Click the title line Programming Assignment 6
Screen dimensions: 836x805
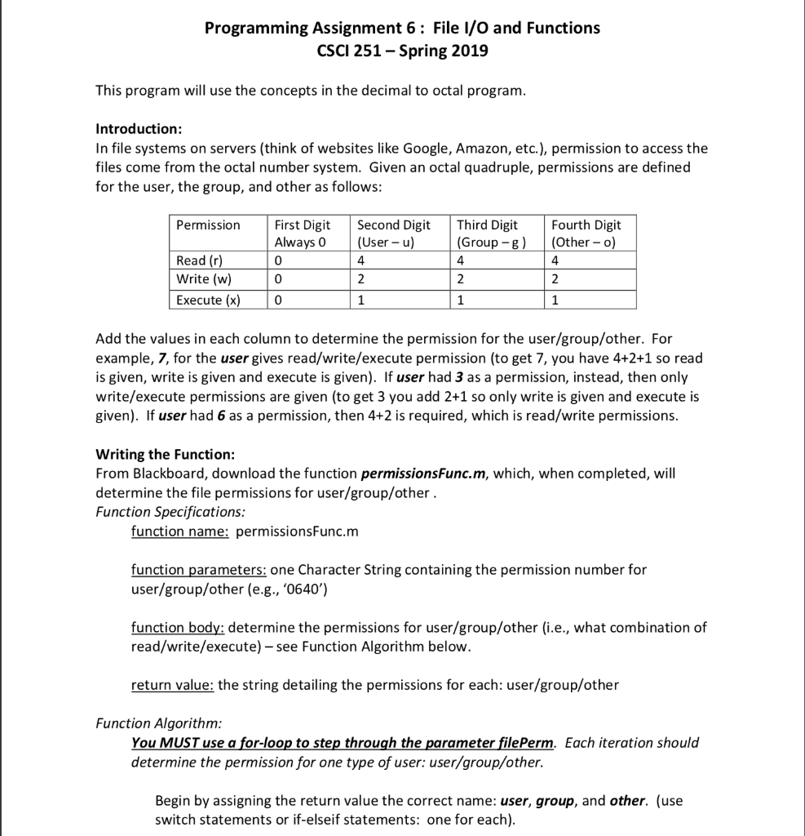pyautogui.click(x=402, y=29)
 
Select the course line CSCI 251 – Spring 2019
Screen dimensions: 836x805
pyautogui.click(x=402, y=51)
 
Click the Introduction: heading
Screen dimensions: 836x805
pyautogui.click(x=139, y=129)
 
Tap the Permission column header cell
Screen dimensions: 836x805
pyautogui.click(x=208, y=225)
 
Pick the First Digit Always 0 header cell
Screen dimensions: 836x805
pyautogui.click(x=302, y=233)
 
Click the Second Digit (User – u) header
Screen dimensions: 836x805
pyautogui.click(x=393, y=233)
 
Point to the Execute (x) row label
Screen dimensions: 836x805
pyautogui.click(x=208, y=300)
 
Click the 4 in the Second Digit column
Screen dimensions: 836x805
pyautogui.click(x=360, y=261)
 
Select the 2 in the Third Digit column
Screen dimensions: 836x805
pyautogui.click(x=461, y=280)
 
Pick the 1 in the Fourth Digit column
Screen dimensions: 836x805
pyautogui.click(x=555, y=300)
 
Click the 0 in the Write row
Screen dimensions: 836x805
pyautogui.click(x=278, y=280)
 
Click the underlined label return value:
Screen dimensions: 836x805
pyautogui.click(x=172, y=685)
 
